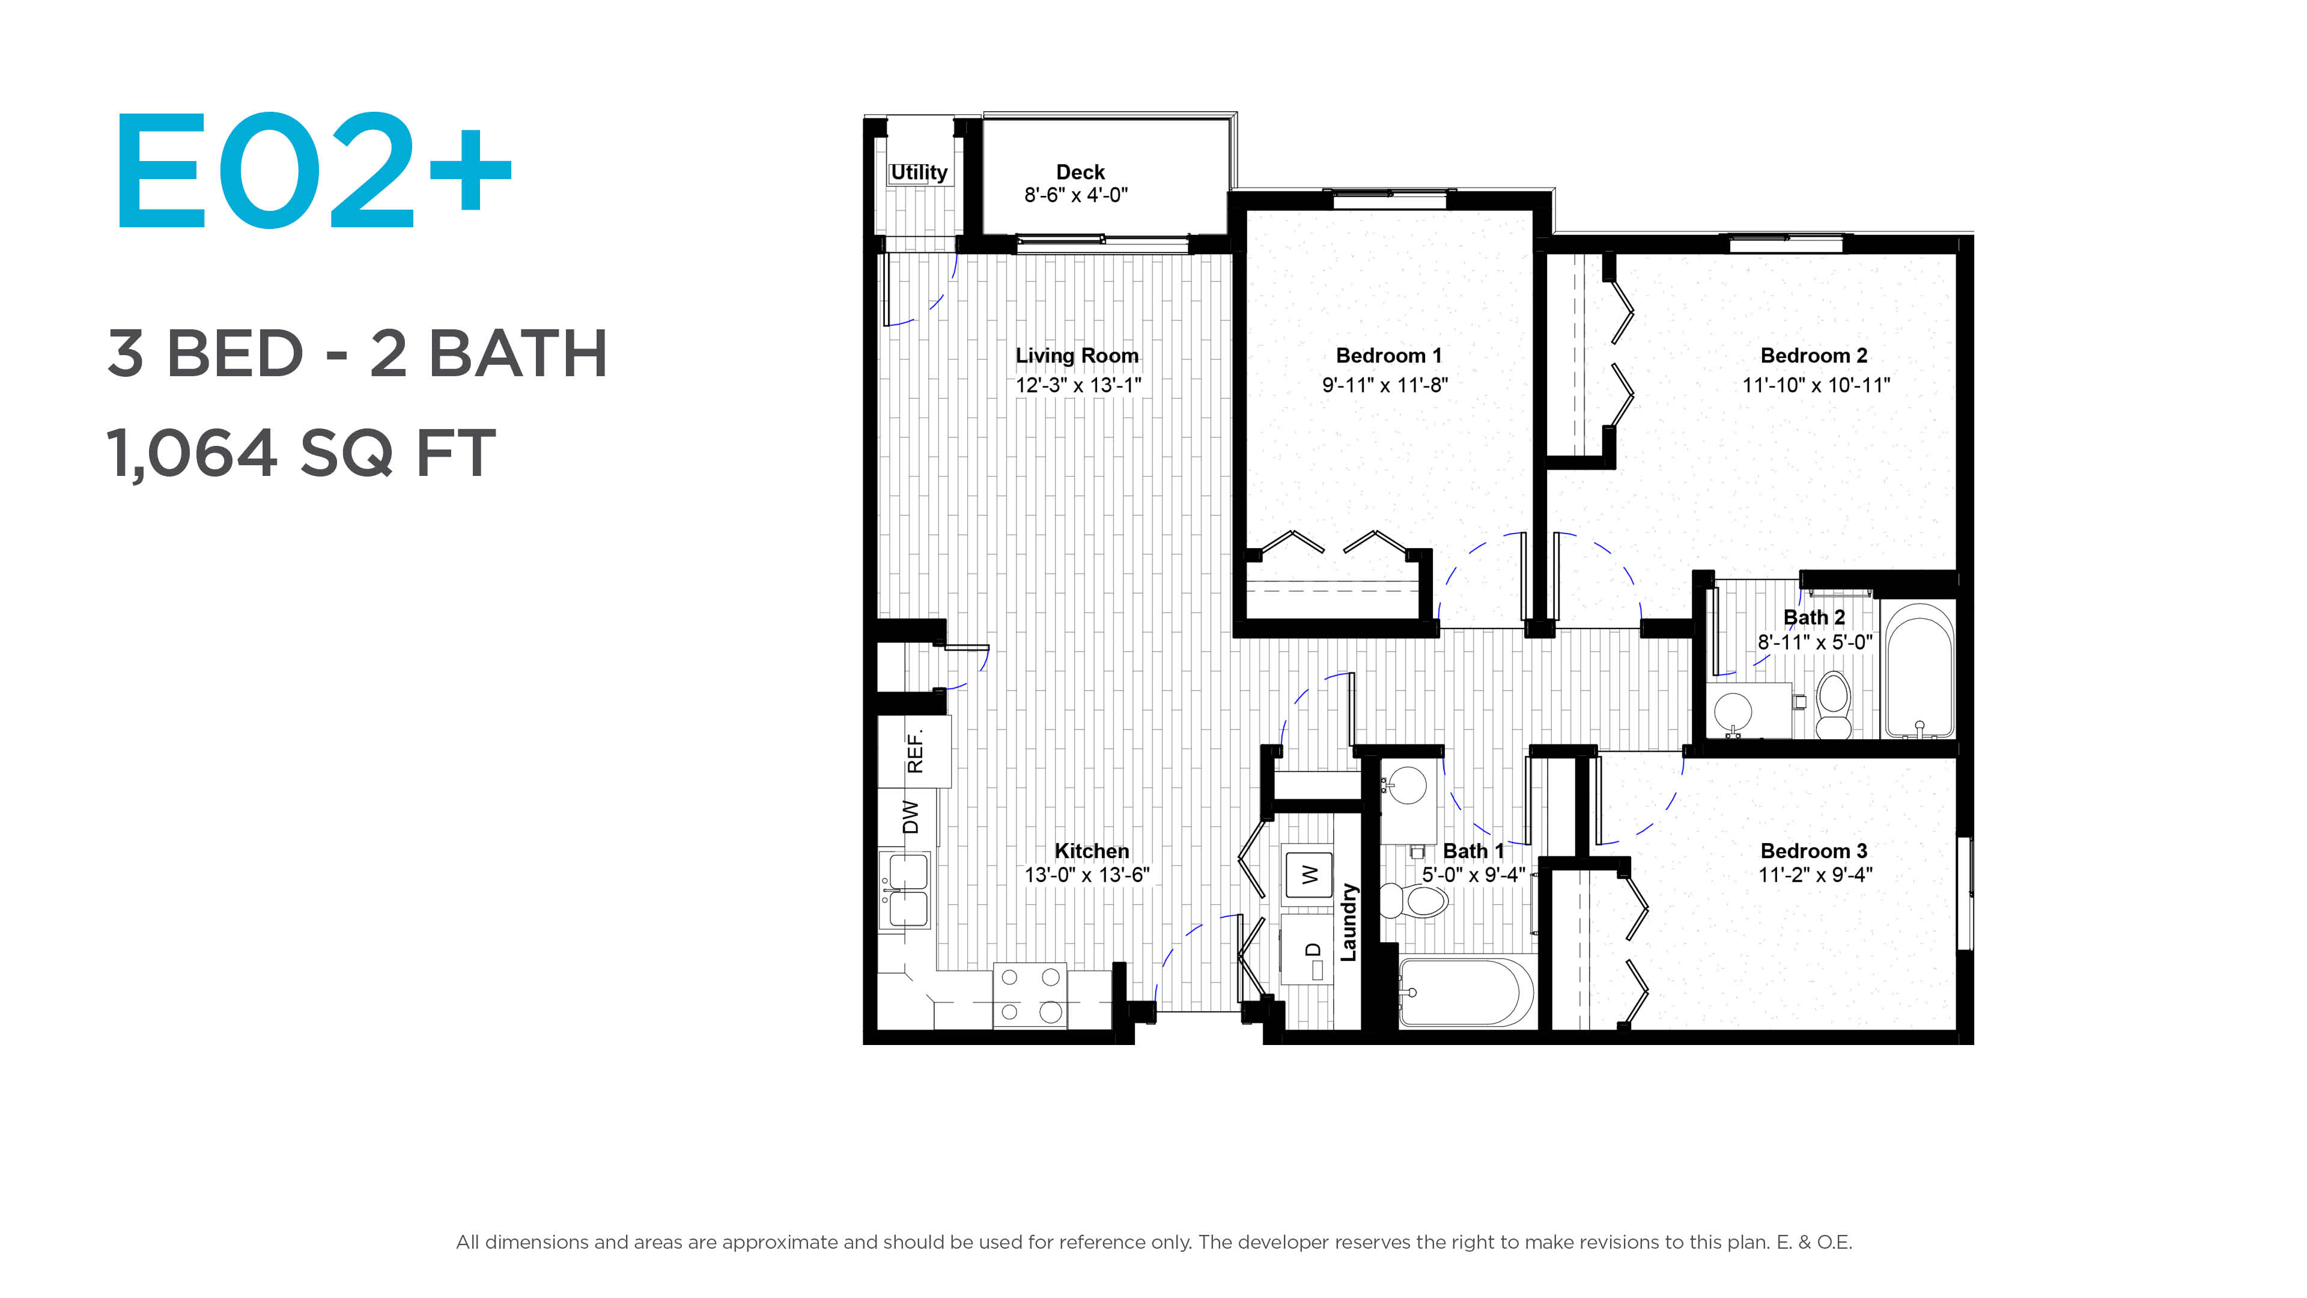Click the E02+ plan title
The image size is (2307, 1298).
tap(314, 170)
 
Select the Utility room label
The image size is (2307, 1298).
tap(919, 172)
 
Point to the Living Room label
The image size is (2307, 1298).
tap(1077, 356)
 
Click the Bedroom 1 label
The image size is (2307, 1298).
tap(1388, 356)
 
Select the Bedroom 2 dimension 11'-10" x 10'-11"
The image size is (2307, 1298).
tap(1816, 385)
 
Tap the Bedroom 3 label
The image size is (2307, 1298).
tap(1814, 851)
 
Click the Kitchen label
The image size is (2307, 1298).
tap(1092, 851)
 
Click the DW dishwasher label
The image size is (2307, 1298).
tap(910, 817)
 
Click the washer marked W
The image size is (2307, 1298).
tap(1309, 873)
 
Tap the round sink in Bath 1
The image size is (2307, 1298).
tap(1408, 785)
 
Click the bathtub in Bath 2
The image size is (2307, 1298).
tap(1919, 671)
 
